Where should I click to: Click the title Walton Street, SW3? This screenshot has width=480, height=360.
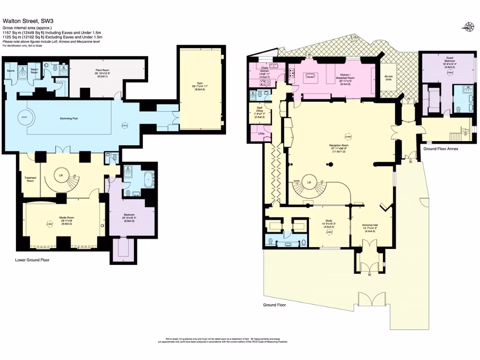point(27,21)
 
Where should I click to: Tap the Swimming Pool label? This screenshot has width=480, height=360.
point(68,119)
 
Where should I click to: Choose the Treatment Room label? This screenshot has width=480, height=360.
point(30,179)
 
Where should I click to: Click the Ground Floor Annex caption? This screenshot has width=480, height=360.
point(441,149)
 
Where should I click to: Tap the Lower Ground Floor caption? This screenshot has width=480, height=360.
point(32,260)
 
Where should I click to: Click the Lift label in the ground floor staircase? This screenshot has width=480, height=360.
point(309,182)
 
